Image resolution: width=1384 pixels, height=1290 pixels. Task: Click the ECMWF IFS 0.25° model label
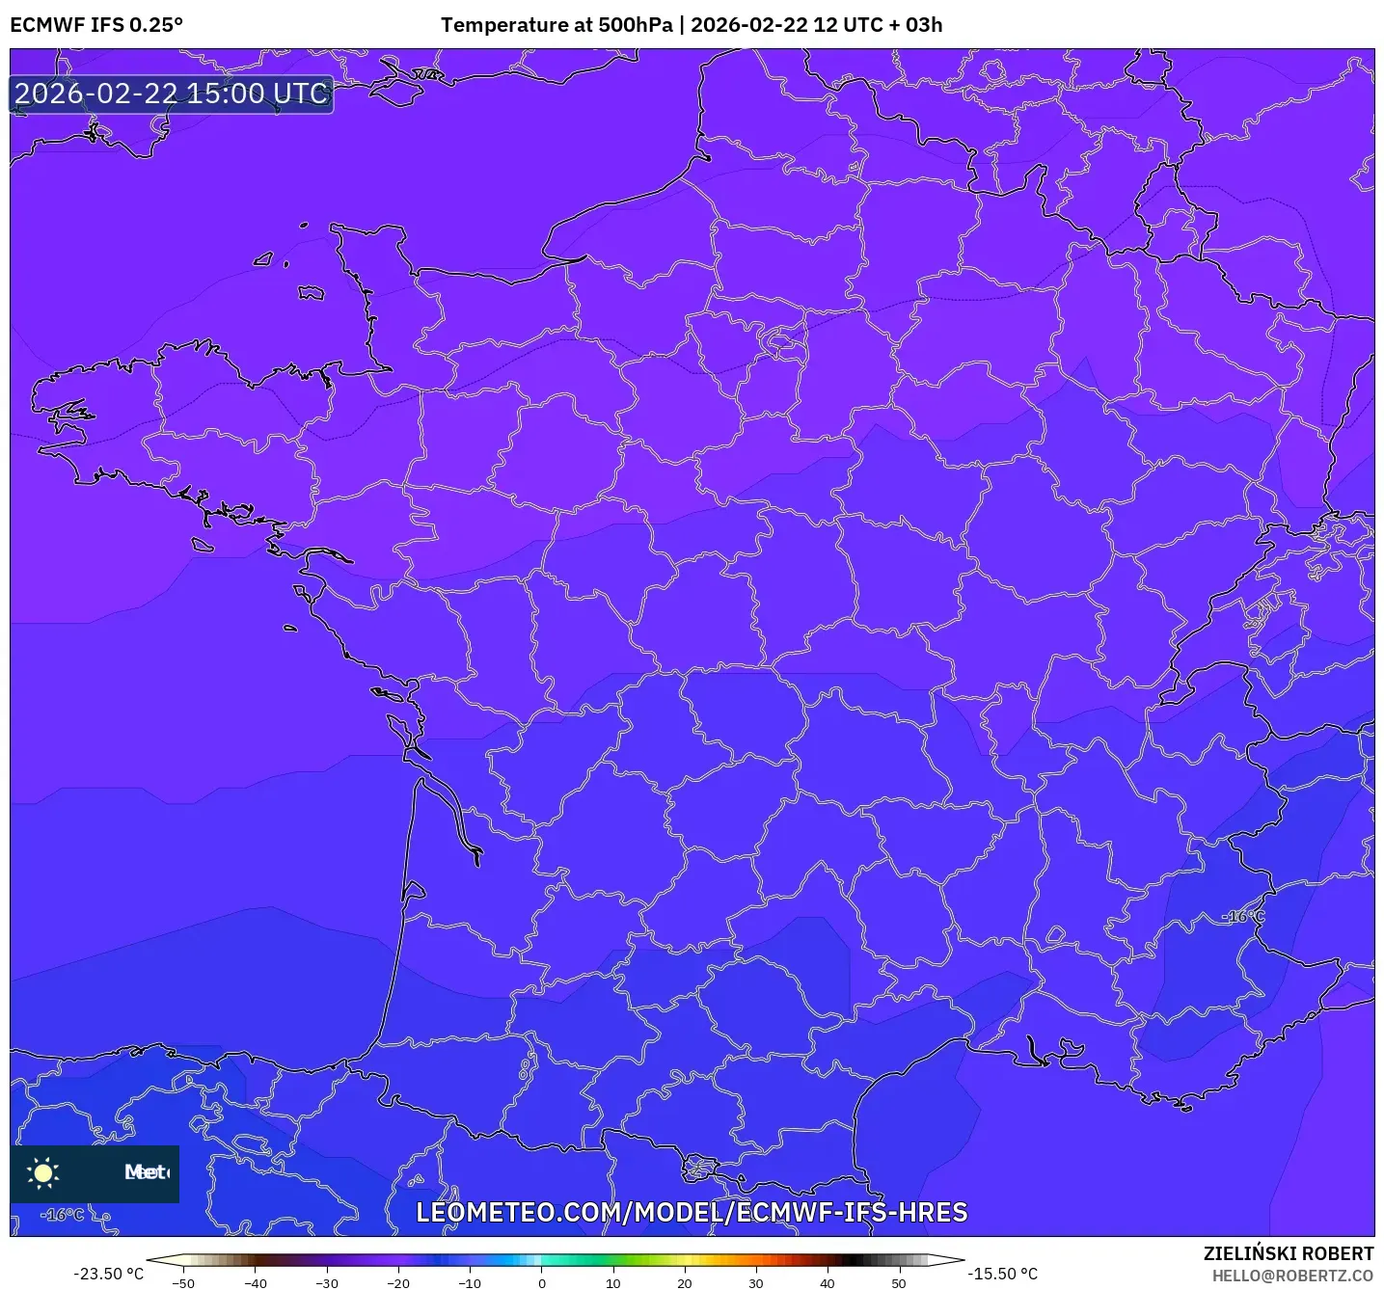(x=96, y=25)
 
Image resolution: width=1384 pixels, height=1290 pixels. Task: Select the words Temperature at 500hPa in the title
(x=556, y=25)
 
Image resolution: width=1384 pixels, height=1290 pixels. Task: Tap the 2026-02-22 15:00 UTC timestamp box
(x=172, y=94)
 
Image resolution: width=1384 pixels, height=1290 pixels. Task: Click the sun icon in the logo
(x=43, y=1172)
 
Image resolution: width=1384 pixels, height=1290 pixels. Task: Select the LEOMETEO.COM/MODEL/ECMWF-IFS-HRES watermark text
(x=692, y=1213)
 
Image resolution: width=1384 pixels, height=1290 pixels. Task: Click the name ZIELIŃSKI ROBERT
(x=1289, y=1253)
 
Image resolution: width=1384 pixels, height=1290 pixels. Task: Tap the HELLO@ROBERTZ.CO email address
(x=1292, y=1276)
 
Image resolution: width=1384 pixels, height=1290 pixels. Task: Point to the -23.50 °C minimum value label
(x=108, y=1274)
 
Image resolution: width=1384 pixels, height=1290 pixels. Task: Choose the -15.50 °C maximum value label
(x=1003, y=1274)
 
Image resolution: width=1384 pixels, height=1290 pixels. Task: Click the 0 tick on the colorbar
(x=542, y=1282)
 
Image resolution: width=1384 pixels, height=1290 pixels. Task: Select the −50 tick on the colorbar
(x=183, y=1282)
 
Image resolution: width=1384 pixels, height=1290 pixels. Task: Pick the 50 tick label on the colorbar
(x=899, y=1282)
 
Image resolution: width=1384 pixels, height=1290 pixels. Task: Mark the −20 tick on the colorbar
(x=398, y=1282)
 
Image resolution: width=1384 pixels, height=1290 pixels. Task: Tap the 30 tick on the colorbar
(x=756, y=1282)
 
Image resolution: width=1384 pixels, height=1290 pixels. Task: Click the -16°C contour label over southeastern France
(x=1243, y=916)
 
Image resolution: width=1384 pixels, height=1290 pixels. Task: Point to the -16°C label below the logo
(x=63, y=1215)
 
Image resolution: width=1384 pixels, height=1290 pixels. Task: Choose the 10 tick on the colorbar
(x=613, y=1282)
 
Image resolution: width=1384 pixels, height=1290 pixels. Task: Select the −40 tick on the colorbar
(x=256, y=1282)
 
